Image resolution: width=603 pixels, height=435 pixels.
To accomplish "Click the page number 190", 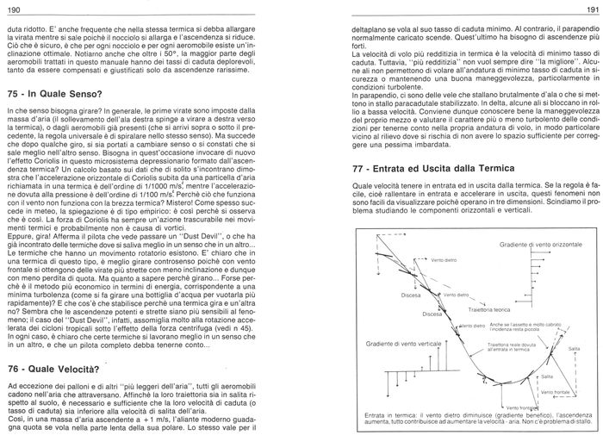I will pos(13,9).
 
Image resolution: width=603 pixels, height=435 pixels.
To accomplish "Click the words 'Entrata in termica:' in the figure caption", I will pos(392,413).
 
